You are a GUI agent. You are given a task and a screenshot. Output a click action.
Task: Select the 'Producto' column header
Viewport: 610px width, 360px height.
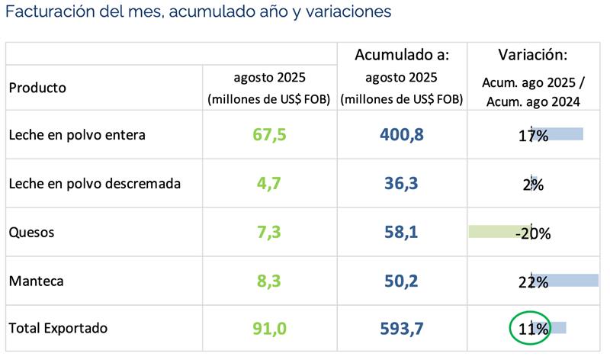coord(37,87)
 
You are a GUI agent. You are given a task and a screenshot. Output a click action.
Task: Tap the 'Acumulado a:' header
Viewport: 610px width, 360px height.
coord(402,55)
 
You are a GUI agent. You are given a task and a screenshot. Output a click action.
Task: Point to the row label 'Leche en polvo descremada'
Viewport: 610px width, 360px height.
coord(95,184)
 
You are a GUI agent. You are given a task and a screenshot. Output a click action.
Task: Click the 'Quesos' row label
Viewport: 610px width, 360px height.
coord(31,232)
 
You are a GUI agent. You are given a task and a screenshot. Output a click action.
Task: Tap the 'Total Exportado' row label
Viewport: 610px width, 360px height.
coord(58,328)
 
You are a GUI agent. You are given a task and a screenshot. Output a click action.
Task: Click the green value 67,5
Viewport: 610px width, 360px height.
coord(269,135)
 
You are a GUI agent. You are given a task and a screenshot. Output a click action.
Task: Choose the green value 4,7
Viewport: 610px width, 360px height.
coord(269,184)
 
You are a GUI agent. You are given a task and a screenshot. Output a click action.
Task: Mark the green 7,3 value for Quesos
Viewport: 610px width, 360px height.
coord(269,232)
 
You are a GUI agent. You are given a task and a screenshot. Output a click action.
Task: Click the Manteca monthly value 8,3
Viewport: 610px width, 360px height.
coord(269,281)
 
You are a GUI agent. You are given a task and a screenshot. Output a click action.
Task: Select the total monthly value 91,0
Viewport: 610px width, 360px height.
coord(269,329)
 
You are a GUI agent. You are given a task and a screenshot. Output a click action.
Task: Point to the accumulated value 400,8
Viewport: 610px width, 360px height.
coord(401,135)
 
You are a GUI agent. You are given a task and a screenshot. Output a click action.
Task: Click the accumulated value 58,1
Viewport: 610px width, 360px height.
coord(401,232)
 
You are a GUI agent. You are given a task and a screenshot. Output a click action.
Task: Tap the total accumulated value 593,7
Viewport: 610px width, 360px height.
coord(401,329)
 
